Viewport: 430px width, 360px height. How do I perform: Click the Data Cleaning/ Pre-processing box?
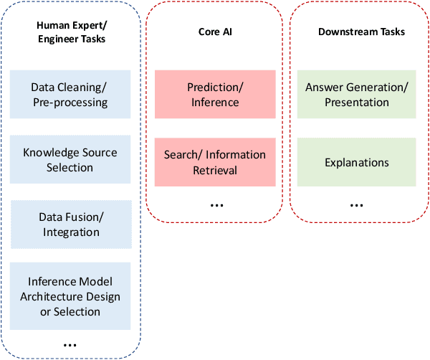pos(70,95)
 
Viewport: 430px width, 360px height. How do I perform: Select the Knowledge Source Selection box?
pos(70,160)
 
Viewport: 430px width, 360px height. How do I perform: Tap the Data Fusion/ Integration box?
pos(70,224)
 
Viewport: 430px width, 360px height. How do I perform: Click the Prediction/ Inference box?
pos(215,95)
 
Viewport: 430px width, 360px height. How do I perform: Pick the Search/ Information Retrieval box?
pos(215,162)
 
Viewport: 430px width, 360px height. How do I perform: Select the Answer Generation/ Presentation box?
pos(357,95)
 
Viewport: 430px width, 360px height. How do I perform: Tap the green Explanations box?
pos(357,162)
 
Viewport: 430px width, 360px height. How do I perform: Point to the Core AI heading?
pos(215,32)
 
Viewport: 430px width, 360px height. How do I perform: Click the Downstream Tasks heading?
pos(361,32)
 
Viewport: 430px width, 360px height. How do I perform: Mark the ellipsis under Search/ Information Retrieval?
pos(217,205)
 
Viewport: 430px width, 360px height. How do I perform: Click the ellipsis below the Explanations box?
pos(356,205)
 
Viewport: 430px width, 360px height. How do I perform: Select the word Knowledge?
pos(50,153)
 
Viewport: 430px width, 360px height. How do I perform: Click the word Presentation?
pos(357,103)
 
